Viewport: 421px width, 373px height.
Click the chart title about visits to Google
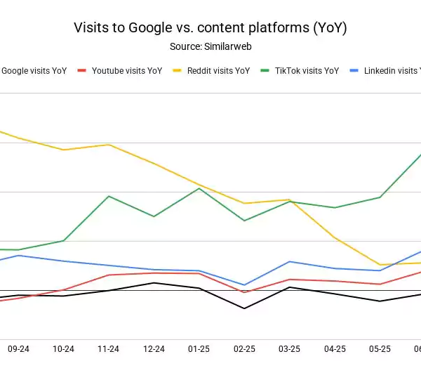[x=210, y=28]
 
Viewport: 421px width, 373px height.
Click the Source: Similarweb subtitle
[x=210, y=46]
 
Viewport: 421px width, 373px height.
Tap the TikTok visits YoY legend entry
[x=305, y=71]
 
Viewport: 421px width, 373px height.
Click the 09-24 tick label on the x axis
[x=18, y=348]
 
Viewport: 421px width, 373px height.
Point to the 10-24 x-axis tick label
[x=64, y=348]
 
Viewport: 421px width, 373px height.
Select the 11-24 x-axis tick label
[x=109, y=348]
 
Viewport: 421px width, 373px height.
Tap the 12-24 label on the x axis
[x=154, y=348]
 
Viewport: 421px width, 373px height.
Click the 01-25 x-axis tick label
[x=199, y=348]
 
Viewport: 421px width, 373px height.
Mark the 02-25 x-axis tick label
[x=245, y=348]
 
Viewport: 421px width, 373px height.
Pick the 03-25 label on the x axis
[x=290, y=348]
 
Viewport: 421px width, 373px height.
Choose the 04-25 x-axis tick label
[x=335, y=348]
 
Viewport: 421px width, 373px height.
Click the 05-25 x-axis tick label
[x=380, y=348]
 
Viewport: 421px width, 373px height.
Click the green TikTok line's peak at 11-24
[x=109, y=196]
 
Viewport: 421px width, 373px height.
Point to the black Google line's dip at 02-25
[x=245, y=308]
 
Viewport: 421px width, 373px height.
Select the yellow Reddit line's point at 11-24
[x=109, y=145]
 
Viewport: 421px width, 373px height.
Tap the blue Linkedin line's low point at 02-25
[x=245, y=285]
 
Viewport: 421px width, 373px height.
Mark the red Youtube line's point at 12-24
[x=154, y=273]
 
